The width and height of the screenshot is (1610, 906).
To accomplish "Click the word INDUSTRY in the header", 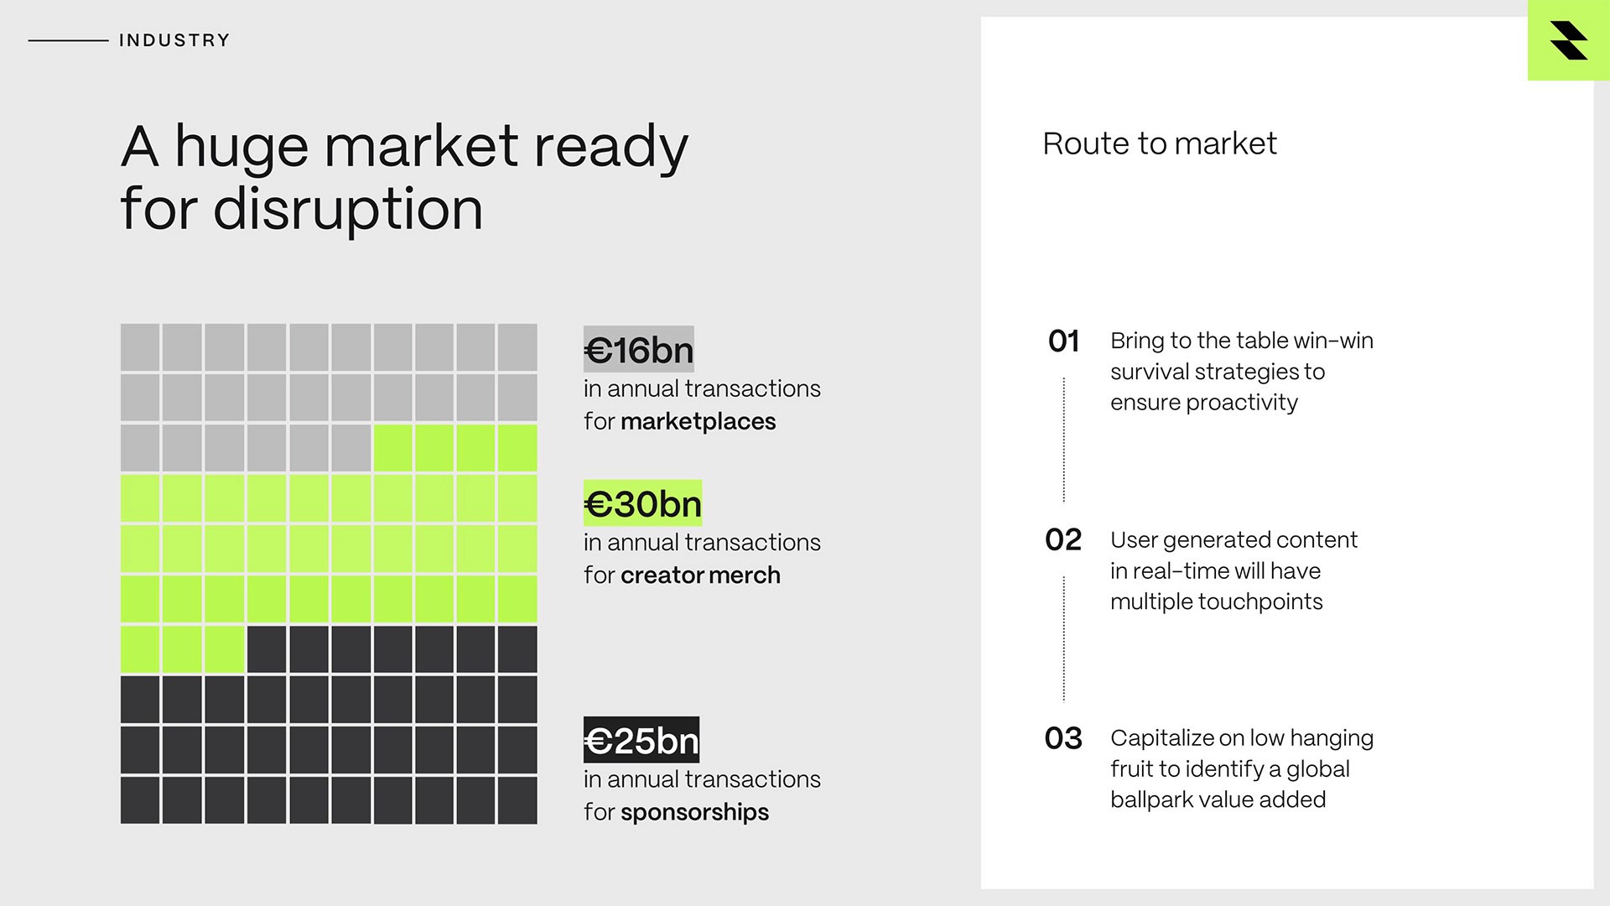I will click(x=174, y=40).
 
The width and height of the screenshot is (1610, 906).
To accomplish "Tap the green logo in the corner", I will click(x=1568, y=40).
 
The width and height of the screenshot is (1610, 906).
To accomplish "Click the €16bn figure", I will click(x=639, y=350).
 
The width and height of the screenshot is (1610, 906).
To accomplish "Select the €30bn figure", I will click(x=642, y=503).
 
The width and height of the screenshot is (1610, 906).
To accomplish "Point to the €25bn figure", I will click(x=641, y=741).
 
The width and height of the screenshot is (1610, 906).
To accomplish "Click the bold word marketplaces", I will click(x=698, y=421).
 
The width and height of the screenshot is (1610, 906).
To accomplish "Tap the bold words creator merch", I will click(x=700, y=575).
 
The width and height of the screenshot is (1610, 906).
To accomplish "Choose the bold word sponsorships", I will click(x=694, y=812).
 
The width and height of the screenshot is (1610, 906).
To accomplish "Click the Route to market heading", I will click(x=1160, y=143).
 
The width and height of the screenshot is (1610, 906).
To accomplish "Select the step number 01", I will click(x=1063, y=341).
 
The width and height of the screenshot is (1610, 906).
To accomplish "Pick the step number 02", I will click(x=1063, y=539).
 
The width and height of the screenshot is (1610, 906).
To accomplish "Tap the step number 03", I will click(x=1063, y=738).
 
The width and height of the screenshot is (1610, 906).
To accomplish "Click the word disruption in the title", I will click(x=348, y=209).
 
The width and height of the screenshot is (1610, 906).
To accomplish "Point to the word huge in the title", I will click(x=241, y=147).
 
